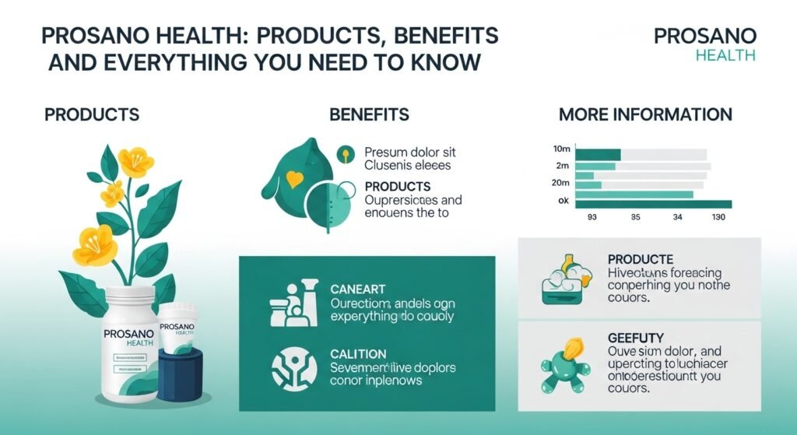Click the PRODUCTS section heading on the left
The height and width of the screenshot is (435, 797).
pyautogui.click(x=92, y=114)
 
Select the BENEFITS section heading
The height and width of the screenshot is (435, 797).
pyautogui.click(x=369, y=114)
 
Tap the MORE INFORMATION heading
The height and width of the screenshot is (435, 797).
pyautogui.click(x=645, y=114)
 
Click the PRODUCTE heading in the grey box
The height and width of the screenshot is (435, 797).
pyautogui.click(x=639, y=259)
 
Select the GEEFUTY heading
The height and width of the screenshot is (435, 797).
pyautogui.click(x=634, y=339)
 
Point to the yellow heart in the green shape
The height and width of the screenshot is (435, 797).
pyautogui.click(x=294, y=180)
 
